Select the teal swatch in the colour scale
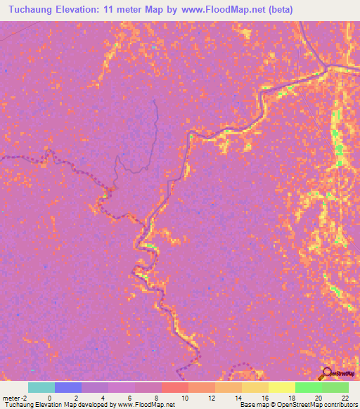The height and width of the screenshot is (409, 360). pos(41,387)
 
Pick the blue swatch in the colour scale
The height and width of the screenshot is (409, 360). pos(68,387)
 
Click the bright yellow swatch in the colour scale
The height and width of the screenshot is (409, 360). pos(281,387)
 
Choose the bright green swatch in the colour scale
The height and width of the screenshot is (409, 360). pos(308,387)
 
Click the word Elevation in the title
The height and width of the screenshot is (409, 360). pos(88,9)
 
